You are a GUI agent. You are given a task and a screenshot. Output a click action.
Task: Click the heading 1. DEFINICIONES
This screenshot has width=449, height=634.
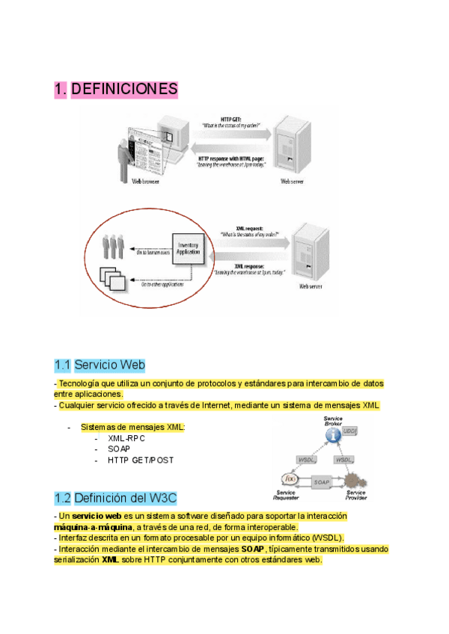(x=116, y=90)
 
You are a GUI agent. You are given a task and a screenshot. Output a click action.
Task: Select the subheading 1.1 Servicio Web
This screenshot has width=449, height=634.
(x=100, y=365)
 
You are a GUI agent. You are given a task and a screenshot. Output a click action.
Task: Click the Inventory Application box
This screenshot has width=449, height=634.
(x=187, y=249)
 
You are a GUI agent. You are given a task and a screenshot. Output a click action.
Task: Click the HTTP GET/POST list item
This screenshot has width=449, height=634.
(x=141, y=460)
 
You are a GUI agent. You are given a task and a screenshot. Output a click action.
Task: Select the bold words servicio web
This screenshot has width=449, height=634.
(x=97, y=516)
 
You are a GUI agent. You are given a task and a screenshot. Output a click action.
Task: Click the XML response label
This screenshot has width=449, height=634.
(x=250, y=265)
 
